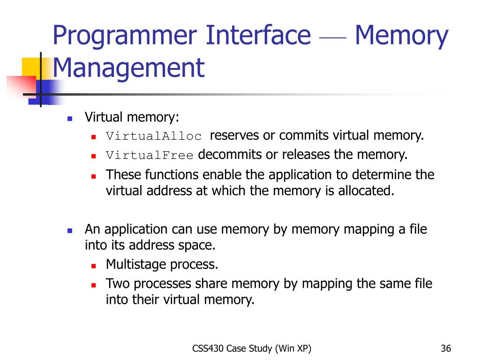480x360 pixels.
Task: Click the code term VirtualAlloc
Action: pos(154,136)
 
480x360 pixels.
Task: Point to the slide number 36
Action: pos(446,348)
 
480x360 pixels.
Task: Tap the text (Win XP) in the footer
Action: pos(293,348)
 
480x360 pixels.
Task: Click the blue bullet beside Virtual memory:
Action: pos(70,119)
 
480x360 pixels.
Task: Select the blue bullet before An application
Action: pos(70,231)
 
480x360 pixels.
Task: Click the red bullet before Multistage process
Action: pos(93,265)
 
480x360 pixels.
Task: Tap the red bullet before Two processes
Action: pos(93,285)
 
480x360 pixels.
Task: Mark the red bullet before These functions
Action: pos(93,176)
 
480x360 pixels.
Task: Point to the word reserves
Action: pos(234,135)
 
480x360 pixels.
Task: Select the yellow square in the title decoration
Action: pos(30,66)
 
